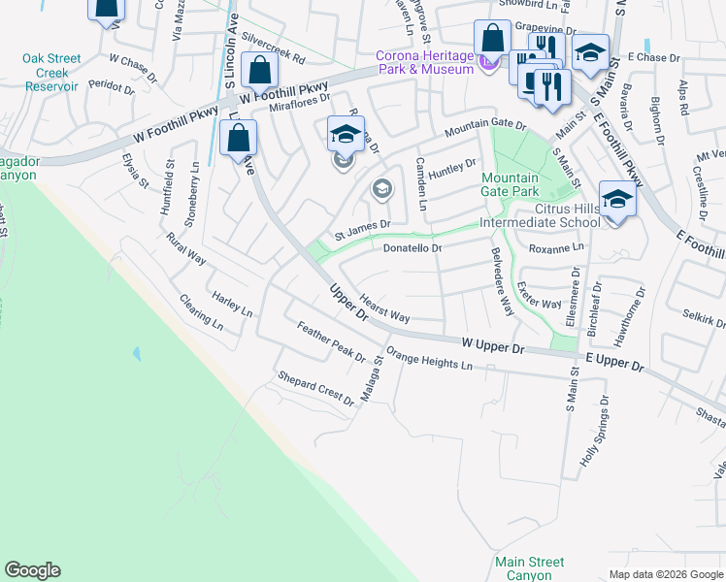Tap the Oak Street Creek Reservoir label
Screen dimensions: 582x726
51,73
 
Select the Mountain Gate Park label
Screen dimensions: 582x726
511,184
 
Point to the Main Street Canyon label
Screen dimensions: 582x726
529,568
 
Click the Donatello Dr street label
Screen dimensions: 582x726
412,248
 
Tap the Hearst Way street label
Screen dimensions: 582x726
384,309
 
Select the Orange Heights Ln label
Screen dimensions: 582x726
428,359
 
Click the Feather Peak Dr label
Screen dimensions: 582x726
330,343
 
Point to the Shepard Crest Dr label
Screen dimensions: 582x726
315,388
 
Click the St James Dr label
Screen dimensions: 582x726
362,229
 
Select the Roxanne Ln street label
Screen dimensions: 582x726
557,248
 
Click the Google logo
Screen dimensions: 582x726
32,570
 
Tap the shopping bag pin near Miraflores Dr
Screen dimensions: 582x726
259,71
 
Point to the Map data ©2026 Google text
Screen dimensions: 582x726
665,573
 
